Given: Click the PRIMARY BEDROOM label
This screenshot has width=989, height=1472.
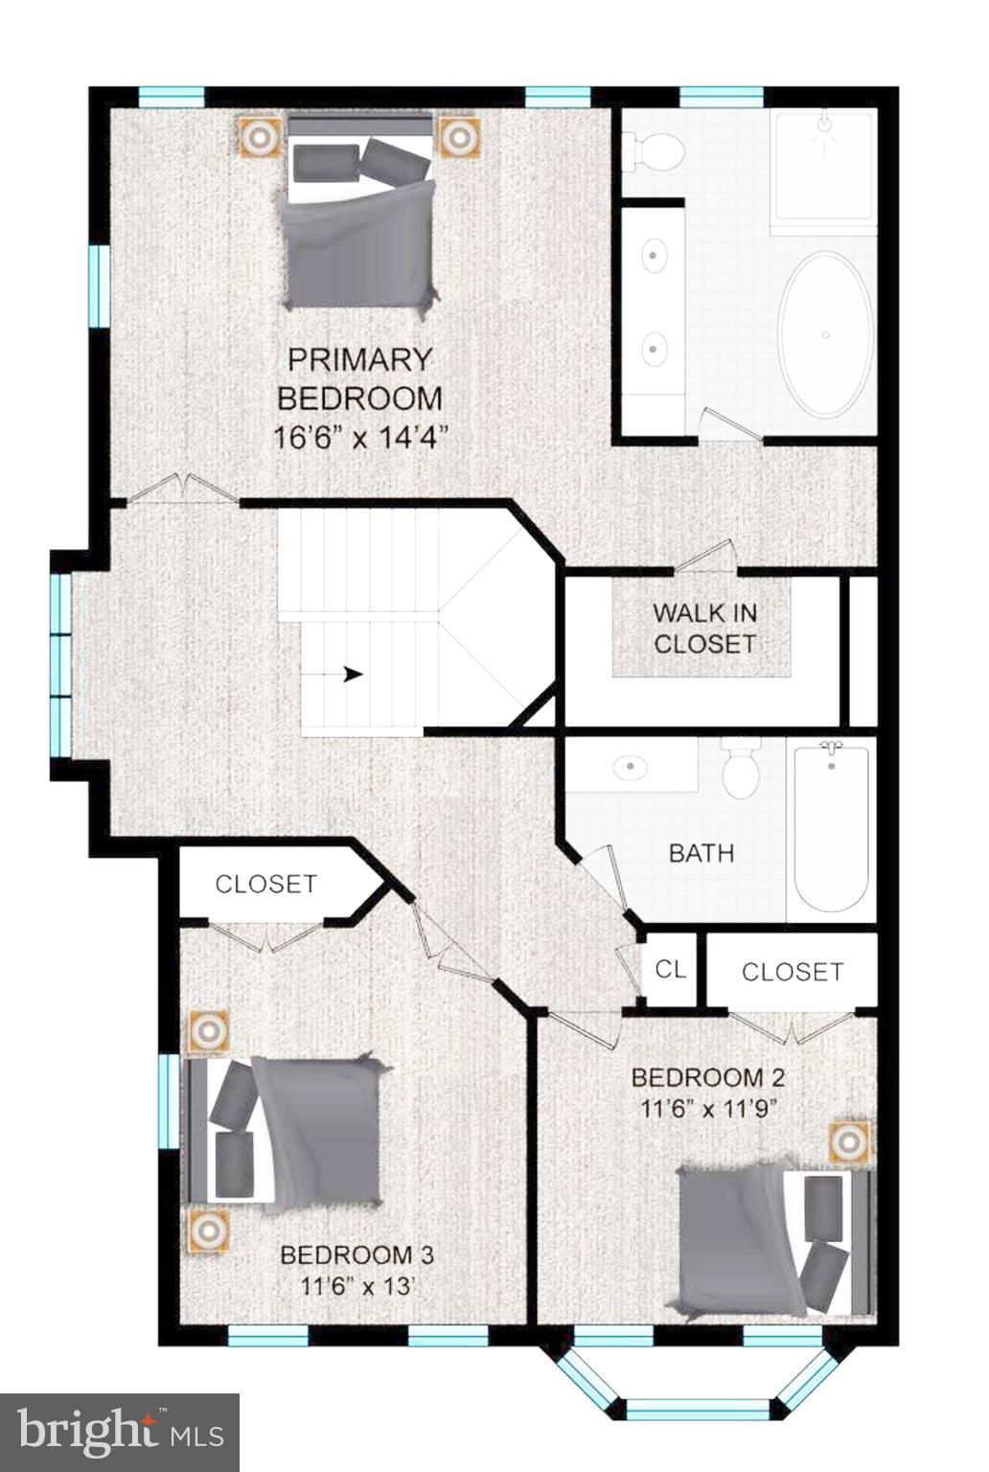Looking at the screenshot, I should (x=359, y=379).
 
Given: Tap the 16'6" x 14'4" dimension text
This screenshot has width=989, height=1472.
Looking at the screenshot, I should (x=361, y=438).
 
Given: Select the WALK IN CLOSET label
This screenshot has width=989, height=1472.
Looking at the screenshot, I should (x=704, y=628).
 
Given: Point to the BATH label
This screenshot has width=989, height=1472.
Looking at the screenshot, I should (x=701, y=853).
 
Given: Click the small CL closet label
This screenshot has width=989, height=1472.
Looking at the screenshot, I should (x=671, y=969).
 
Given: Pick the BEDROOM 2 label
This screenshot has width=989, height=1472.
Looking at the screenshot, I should (x=708, y=1077).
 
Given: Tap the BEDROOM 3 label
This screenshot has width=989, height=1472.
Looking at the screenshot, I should (x=356, y=1254).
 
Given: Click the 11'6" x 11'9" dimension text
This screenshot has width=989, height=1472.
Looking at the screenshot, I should (x=708, y=1109).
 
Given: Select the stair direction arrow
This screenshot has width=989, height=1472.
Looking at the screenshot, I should (x=353, y=674).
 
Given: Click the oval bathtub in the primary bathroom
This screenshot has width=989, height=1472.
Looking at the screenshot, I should (x=825, y=334).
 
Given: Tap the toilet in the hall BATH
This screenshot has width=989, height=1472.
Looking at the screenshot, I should (x=741, y=771).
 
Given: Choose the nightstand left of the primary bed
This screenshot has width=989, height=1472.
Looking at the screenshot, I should (x=259, y=137).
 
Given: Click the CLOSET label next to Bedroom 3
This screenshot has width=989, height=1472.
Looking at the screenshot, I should (x=265, y=884).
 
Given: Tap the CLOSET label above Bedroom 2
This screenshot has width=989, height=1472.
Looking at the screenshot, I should (x=793, y=972).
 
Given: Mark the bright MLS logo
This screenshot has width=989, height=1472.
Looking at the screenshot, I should (x=120, y=1432).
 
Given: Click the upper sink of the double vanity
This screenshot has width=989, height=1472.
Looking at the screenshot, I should (x=655, y=256).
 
